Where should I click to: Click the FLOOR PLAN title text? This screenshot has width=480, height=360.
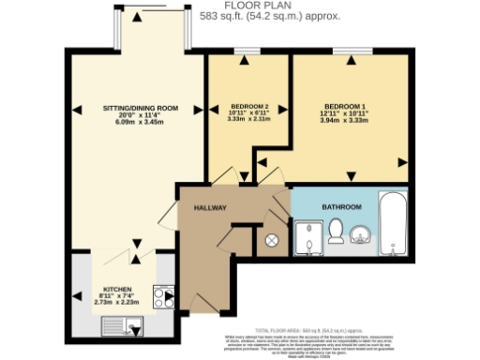pyautogui.click(x=242, y=6)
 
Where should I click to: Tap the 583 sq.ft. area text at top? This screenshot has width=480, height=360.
pyautogui.click(x=242, y=16)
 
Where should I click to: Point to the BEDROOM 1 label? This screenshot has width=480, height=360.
pyautogui.click(x=345, y=107)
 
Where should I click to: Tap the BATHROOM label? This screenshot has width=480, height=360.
pyautogui.click(x=341, y=206)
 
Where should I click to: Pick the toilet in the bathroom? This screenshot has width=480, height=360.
pyautogui.click(x=337, y=229)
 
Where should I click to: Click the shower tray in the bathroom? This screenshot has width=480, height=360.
pyautogui.click(x=308, y=238)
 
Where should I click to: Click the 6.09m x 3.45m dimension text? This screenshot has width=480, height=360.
pyautogui.click(x=140, y=123)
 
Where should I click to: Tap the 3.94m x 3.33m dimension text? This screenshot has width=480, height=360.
pyautogui.click(x=345, y=121)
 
